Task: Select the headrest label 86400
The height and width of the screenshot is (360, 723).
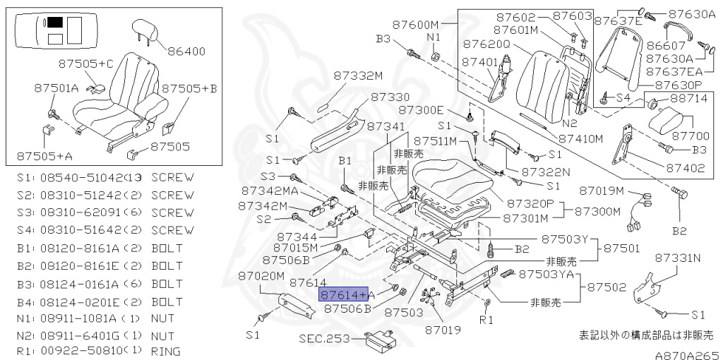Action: (x=186, y=51)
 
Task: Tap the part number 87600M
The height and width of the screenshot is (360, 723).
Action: (x=416, y=24)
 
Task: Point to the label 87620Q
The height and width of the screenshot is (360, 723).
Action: (x=487, y=44)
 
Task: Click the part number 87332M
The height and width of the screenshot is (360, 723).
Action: (x=359, y=76)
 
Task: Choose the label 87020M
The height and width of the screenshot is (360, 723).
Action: (x=261, y=276)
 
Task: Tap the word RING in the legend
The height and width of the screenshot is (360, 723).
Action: (x=165, y=352)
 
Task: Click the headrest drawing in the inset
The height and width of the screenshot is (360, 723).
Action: (x=144, y=31)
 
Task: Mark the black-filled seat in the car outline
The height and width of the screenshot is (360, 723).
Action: (x=56, y=22)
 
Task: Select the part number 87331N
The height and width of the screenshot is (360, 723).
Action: (x=678, y=258)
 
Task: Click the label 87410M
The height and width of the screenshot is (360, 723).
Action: (x=580, y=138)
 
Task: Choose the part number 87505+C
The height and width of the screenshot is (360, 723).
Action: (x=85, y=64)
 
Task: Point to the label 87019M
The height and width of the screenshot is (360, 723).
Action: (x=602, y=190)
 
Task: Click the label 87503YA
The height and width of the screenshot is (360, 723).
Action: (x=546, y=275)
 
